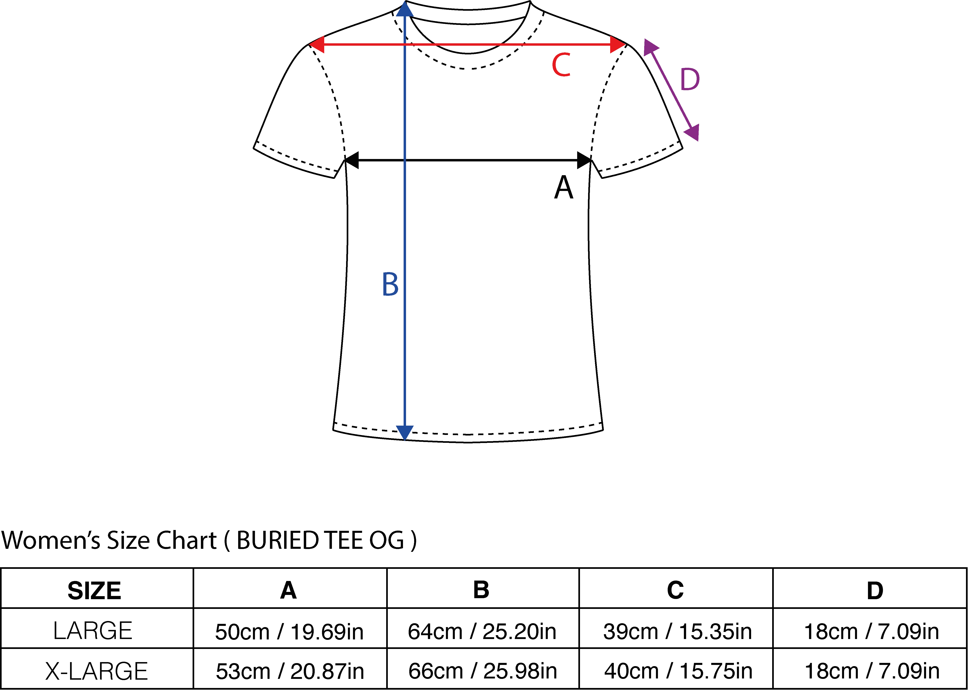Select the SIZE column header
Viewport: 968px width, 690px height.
[94, 591]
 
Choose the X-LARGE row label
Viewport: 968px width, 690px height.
[97, 671]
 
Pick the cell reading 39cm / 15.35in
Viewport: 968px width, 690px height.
[678, 631]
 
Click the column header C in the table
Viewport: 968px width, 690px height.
[675, 590]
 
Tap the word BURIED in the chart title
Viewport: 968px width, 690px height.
[278, 541]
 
